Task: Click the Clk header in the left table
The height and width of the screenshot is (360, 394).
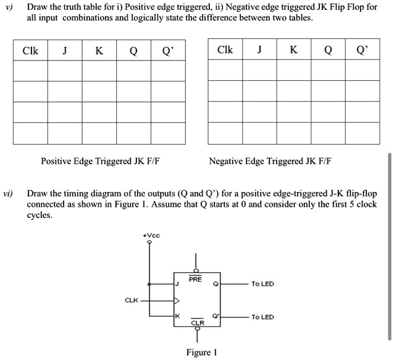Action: point(30,51)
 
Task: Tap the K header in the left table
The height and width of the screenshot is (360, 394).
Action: point(99,51)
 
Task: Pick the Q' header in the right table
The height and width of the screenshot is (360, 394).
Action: point(362,51)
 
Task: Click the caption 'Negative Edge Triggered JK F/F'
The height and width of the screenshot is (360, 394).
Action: point(270,162)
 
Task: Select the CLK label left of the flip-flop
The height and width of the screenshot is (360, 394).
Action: point(132,301)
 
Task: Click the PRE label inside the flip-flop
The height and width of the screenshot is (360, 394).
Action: point(196,278)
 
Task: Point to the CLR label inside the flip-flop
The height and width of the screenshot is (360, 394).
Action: point(197,322)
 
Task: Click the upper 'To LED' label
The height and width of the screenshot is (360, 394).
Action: point(262,284)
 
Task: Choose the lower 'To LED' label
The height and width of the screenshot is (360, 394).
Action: point(262,317)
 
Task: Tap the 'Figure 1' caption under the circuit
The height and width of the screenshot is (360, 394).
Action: point(201,353)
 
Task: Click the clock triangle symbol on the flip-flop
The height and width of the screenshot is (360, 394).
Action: point(177,301)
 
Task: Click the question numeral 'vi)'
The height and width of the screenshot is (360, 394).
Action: point(8,193)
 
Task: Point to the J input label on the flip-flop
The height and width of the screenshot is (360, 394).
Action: point(177,284)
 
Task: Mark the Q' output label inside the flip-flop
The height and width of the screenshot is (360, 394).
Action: point(216,317)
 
